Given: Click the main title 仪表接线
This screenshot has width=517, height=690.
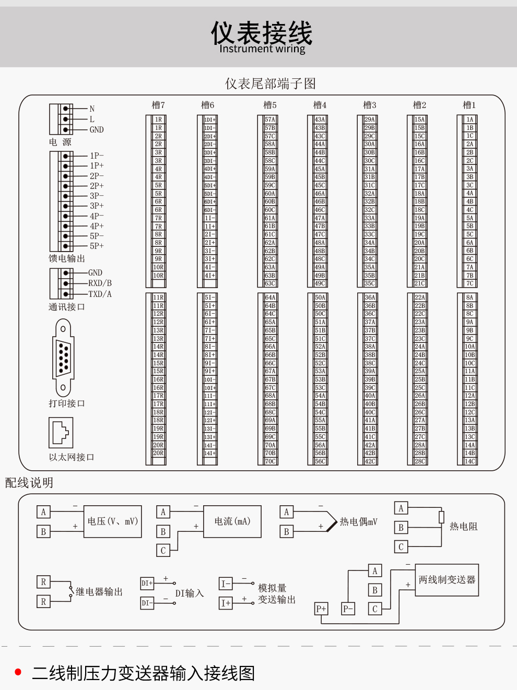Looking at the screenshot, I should (262, 32).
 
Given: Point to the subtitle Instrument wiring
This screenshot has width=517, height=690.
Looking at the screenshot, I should (262, 49).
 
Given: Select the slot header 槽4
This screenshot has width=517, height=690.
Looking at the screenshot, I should (320, 105).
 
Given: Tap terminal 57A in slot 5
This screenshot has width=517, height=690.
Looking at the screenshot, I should (270, 120).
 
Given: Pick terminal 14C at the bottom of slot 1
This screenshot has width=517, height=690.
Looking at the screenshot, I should (470, 461).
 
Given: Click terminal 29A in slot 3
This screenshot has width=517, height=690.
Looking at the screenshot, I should (370, 120).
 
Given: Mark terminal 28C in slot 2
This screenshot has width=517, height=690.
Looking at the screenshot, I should (420, 461).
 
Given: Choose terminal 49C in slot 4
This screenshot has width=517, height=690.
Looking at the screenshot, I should (320, 283).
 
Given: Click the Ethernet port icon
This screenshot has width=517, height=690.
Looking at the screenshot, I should (61, 432).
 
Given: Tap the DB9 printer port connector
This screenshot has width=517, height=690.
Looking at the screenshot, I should (63, 358).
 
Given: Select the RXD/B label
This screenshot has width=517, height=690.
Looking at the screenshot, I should (100, 283).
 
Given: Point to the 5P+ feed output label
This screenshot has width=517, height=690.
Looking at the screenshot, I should (97, 246).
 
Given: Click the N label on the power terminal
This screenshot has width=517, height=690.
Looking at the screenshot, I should (92, 109).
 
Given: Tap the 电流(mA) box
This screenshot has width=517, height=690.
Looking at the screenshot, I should (232, 521).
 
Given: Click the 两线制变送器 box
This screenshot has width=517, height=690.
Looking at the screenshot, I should (447, 579).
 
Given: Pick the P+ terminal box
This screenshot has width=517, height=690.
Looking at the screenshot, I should (321, 609).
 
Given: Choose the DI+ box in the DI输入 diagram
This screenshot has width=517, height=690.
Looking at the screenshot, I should (147, 583).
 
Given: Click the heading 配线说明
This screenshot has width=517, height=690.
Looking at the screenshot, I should (29, 483).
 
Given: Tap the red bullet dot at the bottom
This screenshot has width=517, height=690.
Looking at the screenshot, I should (18, 672).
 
